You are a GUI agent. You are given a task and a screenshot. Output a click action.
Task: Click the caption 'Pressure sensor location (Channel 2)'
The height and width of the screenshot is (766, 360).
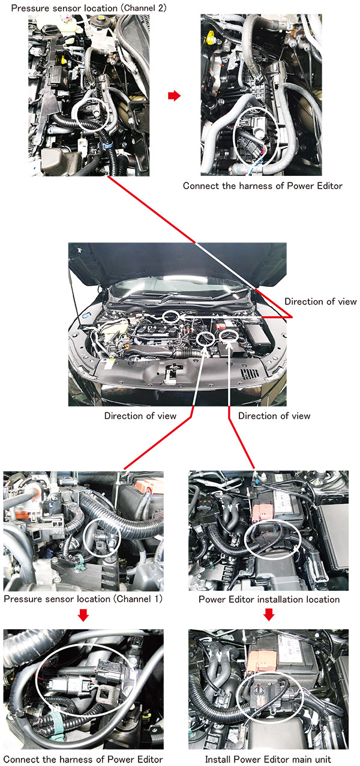[x=89, y=8]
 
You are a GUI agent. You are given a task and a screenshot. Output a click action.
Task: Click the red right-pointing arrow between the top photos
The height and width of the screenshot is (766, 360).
[x=174, y=96]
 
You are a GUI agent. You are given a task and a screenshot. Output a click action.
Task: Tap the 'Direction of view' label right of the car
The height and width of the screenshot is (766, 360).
[x=320, y=301]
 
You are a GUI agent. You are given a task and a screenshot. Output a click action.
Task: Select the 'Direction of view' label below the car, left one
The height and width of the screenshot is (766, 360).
[x=140, y=416]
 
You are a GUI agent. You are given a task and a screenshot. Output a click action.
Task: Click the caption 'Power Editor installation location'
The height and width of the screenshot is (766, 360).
[x=269, y=600]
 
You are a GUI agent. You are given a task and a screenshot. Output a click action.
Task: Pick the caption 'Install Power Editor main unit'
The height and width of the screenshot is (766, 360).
[x=268, y=759]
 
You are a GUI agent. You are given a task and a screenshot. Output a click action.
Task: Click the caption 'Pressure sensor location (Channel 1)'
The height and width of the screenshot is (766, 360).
[x=83, y=599]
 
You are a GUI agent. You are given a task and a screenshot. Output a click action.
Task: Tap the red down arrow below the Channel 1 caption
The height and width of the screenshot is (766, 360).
[x=83, y=615]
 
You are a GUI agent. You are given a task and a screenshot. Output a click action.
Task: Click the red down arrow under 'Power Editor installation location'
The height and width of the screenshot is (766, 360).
[x=269, y=615]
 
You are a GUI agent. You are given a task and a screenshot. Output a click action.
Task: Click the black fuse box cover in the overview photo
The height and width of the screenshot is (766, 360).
[x=257, y=333]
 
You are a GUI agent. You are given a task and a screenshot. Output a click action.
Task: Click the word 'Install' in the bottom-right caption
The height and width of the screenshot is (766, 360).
[x=216, y=759]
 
